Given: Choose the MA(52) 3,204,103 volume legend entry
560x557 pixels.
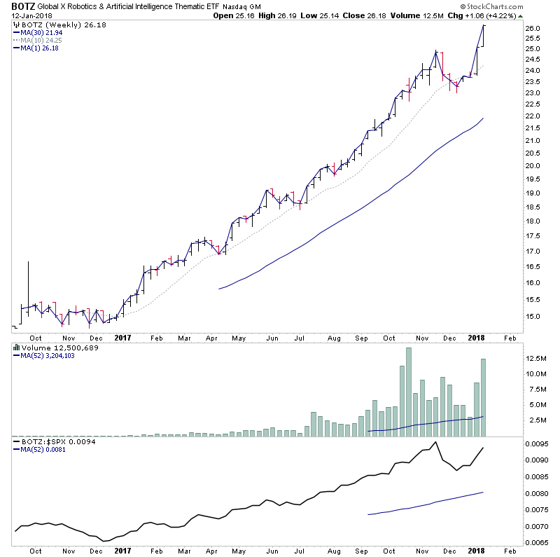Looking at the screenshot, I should click(48, 355).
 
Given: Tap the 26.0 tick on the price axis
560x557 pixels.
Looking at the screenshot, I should click(534, 28).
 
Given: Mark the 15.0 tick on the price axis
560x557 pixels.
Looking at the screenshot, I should click(534, 317).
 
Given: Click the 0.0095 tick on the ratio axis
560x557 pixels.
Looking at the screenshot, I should click(539, 443).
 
